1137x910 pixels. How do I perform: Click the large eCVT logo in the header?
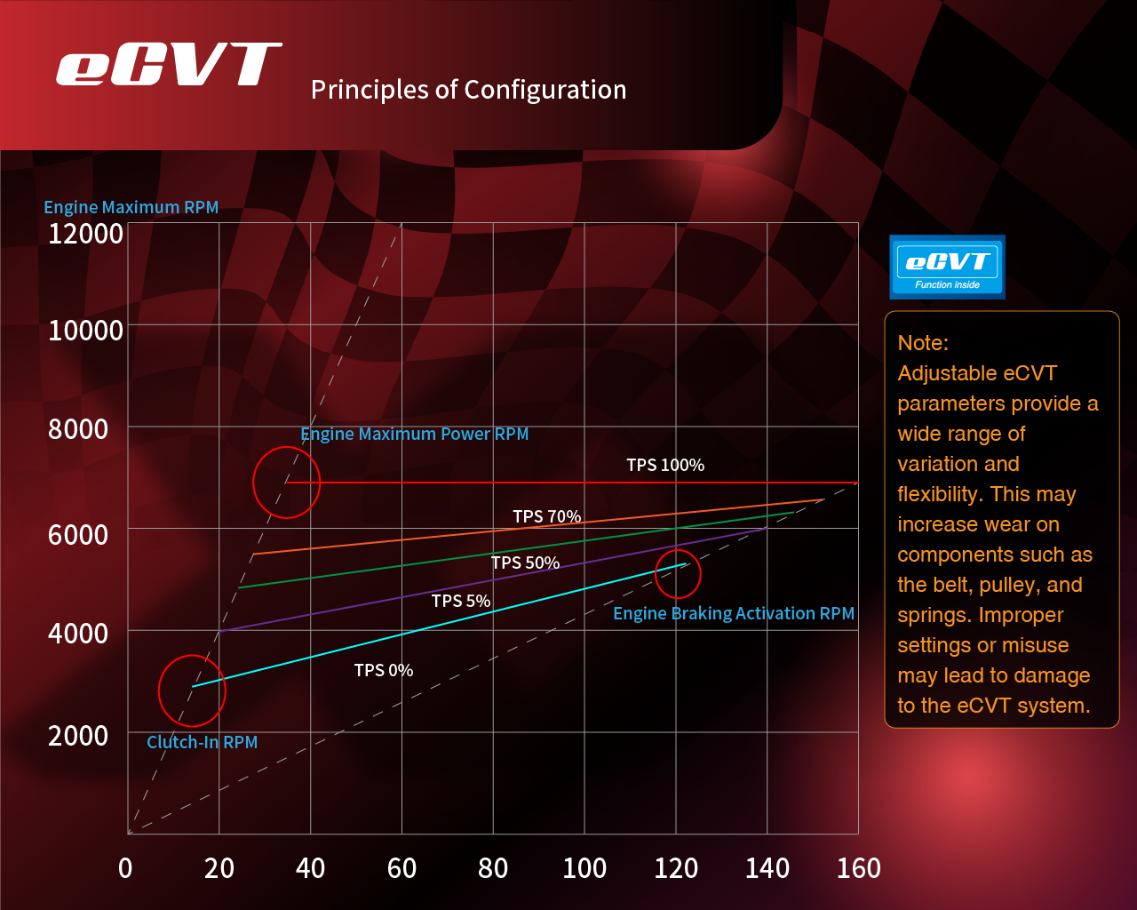[x=169, y=65]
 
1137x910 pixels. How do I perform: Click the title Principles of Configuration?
[x=468, y=90]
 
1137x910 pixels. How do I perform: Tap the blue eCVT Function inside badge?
[x=947, y=267]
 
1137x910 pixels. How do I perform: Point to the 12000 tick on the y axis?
[x=85, y=234]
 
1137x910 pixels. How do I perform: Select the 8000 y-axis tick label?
[x=78, y=429]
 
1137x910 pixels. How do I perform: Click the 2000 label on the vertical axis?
[x=78, y=736]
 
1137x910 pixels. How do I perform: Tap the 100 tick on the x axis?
[x=584, y=868]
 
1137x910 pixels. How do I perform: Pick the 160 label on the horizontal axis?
[x=858, y=868]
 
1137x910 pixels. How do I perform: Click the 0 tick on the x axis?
[x=125, y=868]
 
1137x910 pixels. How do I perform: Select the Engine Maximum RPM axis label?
[x=131, y=207]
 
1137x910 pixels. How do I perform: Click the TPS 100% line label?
[x=665, y=465]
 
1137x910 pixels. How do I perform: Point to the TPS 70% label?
[x=546, y=516]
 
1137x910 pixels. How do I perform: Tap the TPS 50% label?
[x=525, y=563]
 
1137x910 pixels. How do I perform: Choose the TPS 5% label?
[x=461, y=601]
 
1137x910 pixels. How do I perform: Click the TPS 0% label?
[x=384, y=670]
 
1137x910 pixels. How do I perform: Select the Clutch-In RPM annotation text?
[x=203, y=742]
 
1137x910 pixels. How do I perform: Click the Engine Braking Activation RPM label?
[x=734, y=613]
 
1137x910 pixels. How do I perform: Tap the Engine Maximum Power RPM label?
[x=415, y=434]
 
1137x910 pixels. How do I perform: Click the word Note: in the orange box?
[x=923, y=343]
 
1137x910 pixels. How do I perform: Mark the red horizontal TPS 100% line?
[x=568, y=483]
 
